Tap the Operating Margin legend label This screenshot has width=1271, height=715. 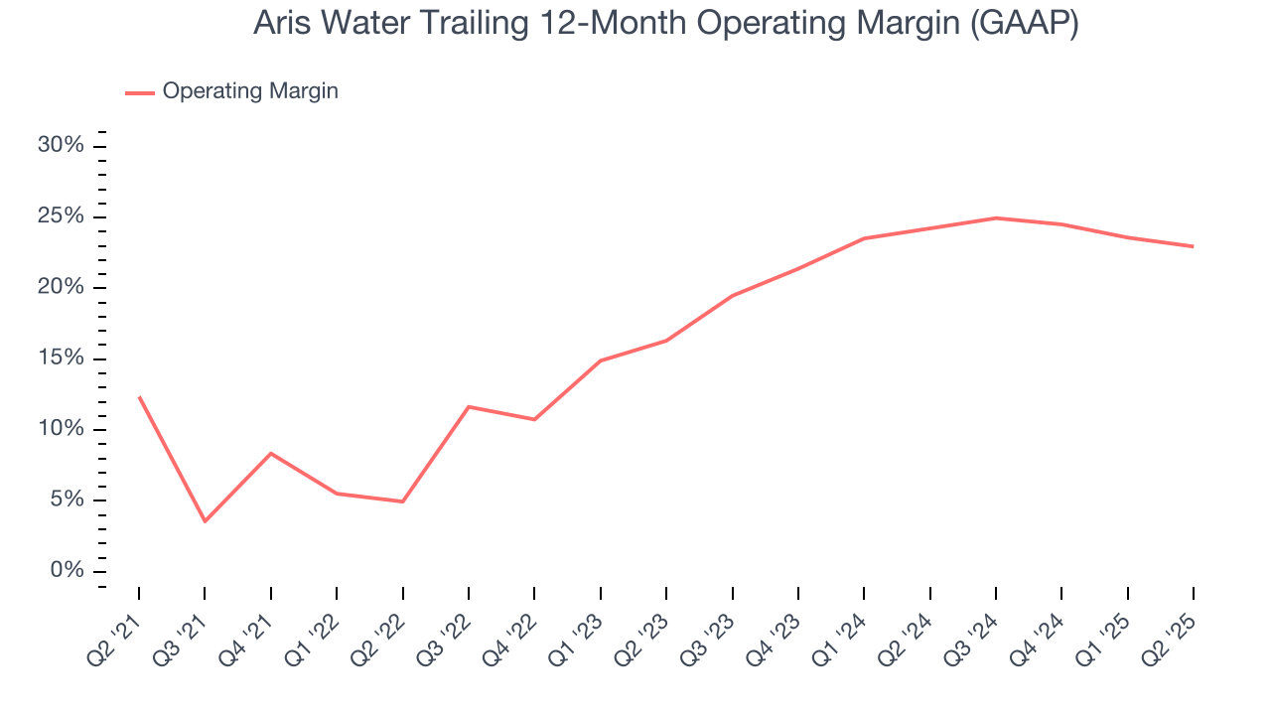click(250, 91)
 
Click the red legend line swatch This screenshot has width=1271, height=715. click(139, 92)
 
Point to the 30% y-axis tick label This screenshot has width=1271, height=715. click(61, 146)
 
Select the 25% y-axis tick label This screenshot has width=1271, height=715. click(61, 217)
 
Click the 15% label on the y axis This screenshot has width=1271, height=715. click(61, 358)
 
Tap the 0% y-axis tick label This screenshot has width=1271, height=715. click(67, 571)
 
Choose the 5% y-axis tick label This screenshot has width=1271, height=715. click(67, 500)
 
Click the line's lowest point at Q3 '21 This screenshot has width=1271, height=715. click(205, 521)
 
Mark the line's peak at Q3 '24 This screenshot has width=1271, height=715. click(996, 218)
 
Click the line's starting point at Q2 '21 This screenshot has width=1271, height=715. click(139, 397)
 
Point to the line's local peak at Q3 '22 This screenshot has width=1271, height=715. click(469, 407)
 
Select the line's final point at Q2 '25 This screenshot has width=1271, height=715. click(1193, 246)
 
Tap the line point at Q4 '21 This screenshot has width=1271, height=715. click(271, 454)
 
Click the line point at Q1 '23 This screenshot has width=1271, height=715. click(601, 360)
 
